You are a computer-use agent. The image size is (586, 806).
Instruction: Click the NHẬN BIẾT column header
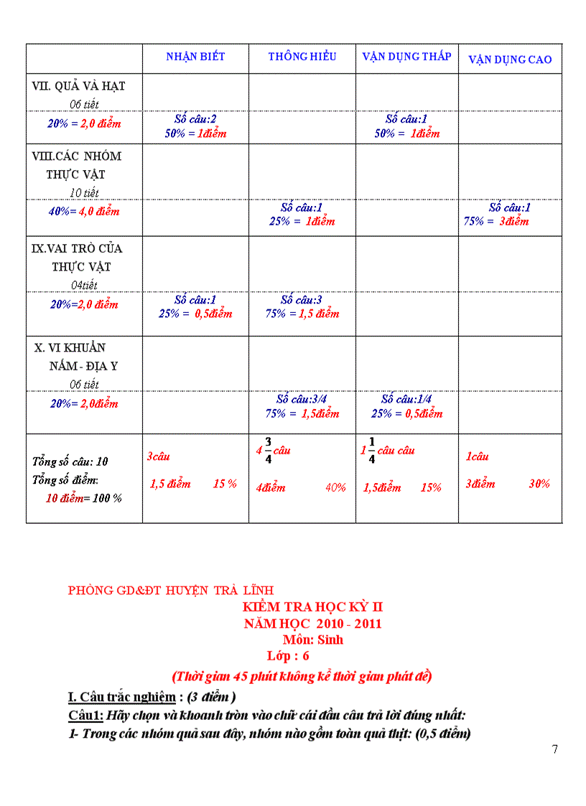coord(195,57)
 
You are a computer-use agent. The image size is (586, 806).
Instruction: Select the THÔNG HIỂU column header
coord(302,57)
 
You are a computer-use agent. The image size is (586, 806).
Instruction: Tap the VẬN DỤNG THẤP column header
coord(406,57)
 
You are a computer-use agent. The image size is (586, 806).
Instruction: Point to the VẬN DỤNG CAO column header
coord(510,60)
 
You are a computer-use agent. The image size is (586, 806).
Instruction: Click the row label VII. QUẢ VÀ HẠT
coord(79,86)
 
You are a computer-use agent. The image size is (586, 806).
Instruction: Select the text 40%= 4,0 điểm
coord(85,212)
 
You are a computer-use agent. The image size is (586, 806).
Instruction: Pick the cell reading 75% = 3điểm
coord(496,221)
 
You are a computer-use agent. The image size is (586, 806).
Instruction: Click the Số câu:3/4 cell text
coord(302,399)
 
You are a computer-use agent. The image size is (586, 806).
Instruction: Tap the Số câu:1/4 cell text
coord(406,399)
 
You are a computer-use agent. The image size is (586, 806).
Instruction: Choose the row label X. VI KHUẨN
coord(70,348)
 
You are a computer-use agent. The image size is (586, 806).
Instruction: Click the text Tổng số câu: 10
coord(70,461)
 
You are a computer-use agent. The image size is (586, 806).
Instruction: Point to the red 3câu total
coord(158,456)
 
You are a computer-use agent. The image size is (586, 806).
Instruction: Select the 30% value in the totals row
coord(539,484)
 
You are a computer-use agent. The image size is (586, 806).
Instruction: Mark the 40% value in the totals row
coord(335,488)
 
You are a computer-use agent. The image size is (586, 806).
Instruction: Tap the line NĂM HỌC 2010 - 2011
coord(313,624)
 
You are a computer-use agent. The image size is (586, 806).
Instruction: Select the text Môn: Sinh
coord(313,639)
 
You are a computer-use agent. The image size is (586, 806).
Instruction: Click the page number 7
coord(554,749)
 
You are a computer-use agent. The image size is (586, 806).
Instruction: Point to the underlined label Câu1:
coord(86,716)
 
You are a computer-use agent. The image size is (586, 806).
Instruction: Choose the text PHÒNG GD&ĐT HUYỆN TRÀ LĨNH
coord(171,591)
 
